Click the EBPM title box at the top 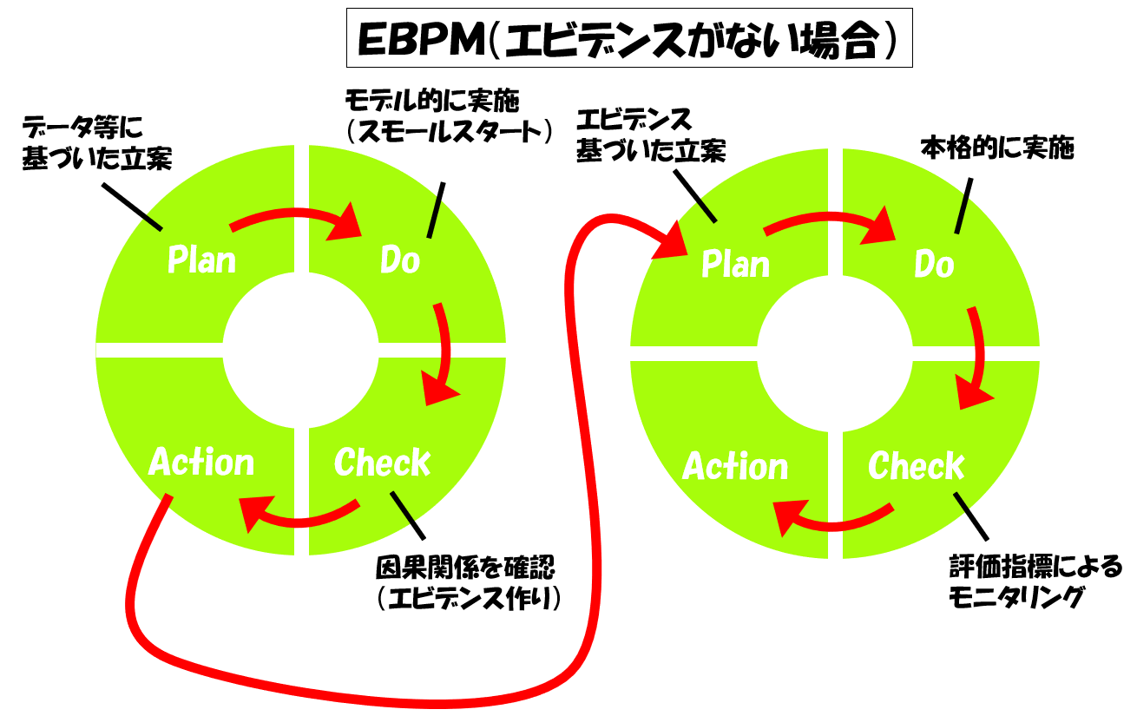tap(629, 38)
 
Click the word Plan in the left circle tap(201, 259)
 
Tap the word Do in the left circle tap(401, 259)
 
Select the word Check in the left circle tap(382, 463)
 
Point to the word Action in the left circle tap(201, 463)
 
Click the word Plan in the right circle tap(735, 264)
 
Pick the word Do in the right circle tap(935, 264)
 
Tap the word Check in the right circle tap(917, 466)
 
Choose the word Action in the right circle tap(735, 466)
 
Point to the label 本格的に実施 tap(997, 148)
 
